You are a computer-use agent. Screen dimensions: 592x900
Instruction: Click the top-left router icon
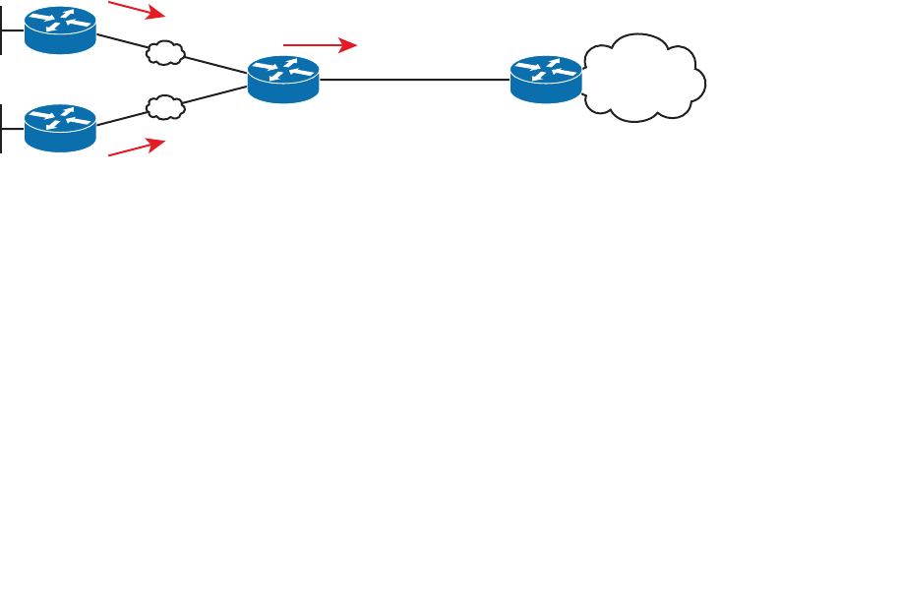pyautogui.click(x=60, y=30)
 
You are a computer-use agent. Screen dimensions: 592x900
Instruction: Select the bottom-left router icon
pyautogui.click(x=60, y=129)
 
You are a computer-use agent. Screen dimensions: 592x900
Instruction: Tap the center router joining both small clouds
pyautogui.click(x=283, y=79)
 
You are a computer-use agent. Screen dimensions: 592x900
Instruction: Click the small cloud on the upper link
pyautogui.click(x=166, y=52)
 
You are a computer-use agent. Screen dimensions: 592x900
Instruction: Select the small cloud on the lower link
pyautogui.click(x=166, y=105)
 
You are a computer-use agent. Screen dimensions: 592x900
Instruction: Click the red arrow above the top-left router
pyautogui.click(x=136, y=10)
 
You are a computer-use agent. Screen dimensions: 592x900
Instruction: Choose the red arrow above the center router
pyautogui.click(x=318, y=45)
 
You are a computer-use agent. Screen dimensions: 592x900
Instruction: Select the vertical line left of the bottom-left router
pyautogui.click(x=3, y=129)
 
